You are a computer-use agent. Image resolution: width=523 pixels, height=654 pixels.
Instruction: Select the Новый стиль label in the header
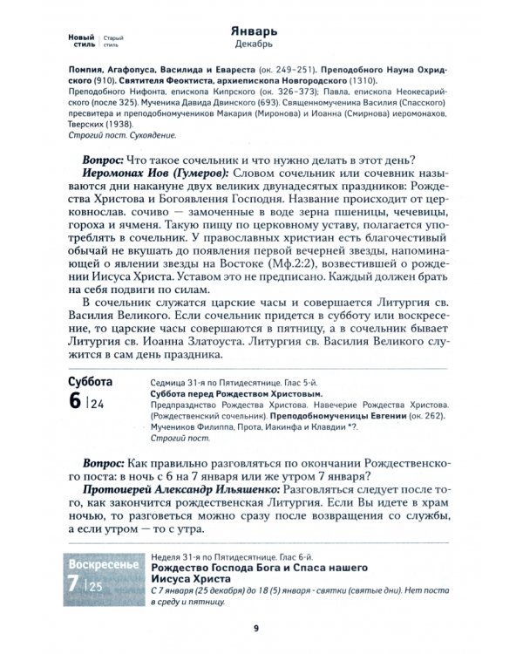pyautogui.click(x=82, y=39)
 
